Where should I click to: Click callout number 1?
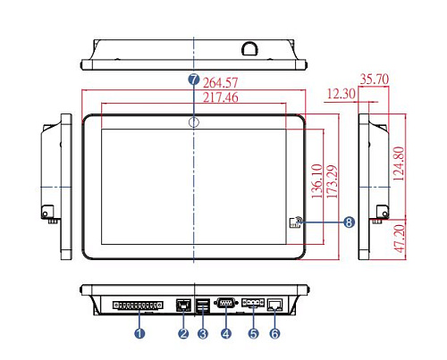[x=139, y=333]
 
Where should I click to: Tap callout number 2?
[x=183, y=333]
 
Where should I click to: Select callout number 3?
[x=203, y=333]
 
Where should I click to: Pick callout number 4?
[x=226, y=333]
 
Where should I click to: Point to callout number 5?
[x=254, y=333]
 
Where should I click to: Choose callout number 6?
[x=275, y=333]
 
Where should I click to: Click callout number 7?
[x=194, y=80]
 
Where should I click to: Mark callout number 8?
[x=350, y=222]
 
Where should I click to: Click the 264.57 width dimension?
[x=221, y=83]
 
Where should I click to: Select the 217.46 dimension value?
[x=221, y=97]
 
